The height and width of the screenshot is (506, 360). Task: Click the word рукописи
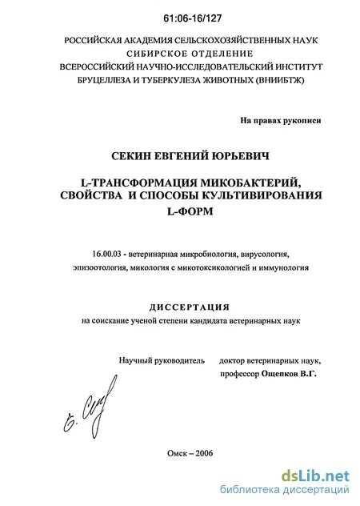pyautogui.click(x=304, y=119)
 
